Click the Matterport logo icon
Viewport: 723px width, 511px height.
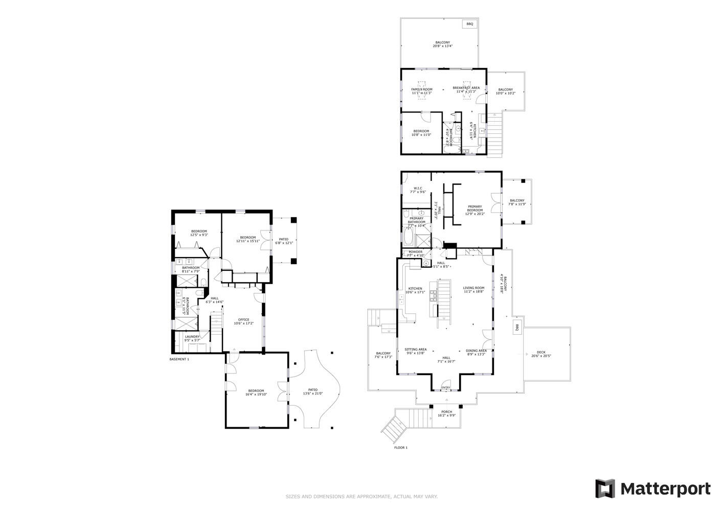(x=605, y=489)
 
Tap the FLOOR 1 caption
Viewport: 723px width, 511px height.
(x=401, y=448)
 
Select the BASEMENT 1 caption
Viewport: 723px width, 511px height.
(x=179, y=359)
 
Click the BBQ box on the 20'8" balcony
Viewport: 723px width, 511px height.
(x=469, y=24)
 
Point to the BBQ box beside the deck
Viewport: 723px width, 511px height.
(x=517, y=328)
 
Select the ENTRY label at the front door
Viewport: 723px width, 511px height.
(x=446, y=388)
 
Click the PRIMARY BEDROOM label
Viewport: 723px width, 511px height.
(x=475, y=208)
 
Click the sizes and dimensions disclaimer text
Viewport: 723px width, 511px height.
(x=361, y=496)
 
